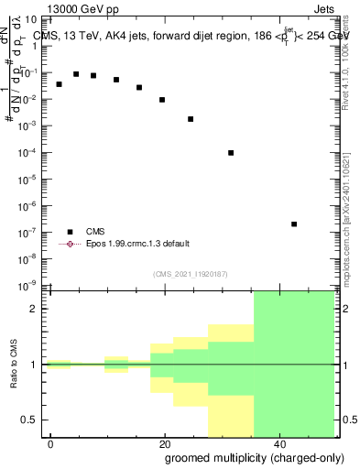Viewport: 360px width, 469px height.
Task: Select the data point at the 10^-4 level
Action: [x=231, y=153]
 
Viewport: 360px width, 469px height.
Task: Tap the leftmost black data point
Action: [x=59, y=84]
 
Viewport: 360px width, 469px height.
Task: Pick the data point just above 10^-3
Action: [x=191, y=119]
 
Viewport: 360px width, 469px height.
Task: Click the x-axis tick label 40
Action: [x=278, y=443]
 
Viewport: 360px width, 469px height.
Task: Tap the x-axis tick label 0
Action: [x=51, y=443]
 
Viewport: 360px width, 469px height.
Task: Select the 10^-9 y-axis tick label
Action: [x=30, y=286]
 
